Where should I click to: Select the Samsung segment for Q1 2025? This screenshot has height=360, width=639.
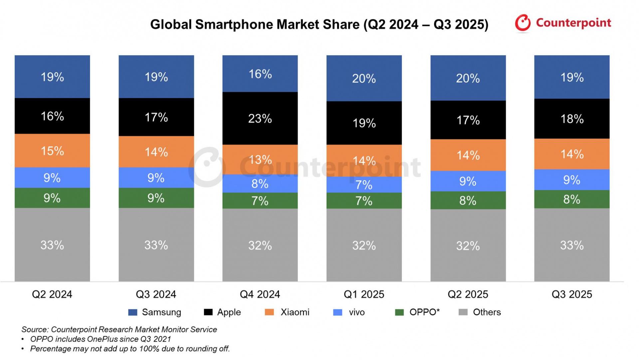click(x=364, y=78)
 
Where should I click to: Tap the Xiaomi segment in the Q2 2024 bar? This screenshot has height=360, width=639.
click(x=52, y=151)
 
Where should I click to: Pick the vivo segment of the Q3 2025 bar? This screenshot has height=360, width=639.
click(x=572, y=180)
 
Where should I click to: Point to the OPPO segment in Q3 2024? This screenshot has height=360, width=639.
click(x=156, y=198)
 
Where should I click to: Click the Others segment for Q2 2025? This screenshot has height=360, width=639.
click(x=468, y=245)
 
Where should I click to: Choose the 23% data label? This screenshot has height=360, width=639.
click(x=260, y=119)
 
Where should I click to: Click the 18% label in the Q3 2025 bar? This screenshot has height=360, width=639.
click(x=572, y=119)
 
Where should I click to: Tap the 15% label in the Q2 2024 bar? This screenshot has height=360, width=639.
click(x=52, y=151)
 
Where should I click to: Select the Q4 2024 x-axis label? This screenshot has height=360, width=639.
click(x=260, y=294)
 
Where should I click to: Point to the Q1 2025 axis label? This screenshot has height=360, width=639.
click(x=364, y=294)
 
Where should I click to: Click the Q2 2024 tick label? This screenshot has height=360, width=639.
click(x=52, y=294)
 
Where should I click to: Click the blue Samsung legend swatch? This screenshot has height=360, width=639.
click(x=133, y=312)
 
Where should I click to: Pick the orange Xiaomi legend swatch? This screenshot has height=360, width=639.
click(x=269, y=312)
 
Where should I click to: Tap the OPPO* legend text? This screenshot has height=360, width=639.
click(x=424, y=312)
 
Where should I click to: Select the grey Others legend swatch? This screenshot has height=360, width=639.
click(x=463, y=312)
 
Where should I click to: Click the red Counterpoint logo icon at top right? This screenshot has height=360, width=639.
click(x=523, y=23)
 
